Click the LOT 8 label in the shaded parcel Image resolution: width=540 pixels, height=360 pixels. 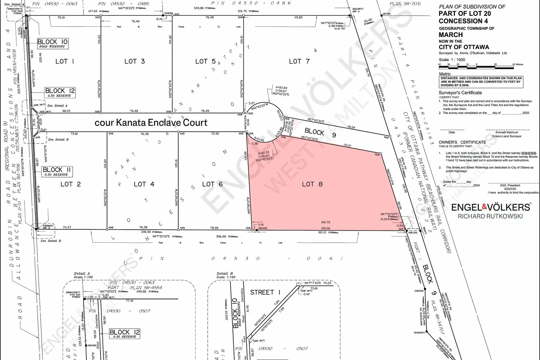(312, 184)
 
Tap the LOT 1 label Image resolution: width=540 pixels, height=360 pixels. (65, 61)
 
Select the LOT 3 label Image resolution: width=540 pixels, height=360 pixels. (134, 61)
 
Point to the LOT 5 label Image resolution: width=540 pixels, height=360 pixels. (205, 62)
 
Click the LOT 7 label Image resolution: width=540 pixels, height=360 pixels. (299, 61)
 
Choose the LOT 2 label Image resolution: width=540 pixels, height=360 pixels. (71, 184)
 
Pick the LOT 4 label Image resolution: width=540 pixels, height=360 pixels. (144, 184)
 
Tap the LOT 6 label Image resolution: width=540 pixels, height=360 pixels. (212, 184)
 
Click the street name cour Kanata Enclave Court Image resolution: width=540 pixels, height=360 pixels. (151, 122)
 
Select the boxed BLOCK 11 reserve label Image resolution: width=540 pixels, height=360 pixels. (57, 171)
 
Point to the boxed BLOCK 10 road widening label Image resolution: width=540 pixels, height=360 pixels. (53, 44)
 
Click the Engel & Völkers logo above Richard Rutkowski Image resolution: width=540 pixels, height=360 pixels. (491, 207)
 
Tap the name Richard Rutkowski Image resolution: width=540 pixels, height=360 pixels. (490, 216)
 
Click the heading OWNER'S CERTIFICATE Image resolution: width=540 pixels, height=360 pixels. (462, 142)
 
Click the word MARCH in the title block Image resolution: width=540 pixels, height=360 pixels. (450, 35)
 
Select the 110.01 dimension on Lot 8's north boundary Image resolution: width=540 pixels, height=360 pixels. (347, 145)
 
